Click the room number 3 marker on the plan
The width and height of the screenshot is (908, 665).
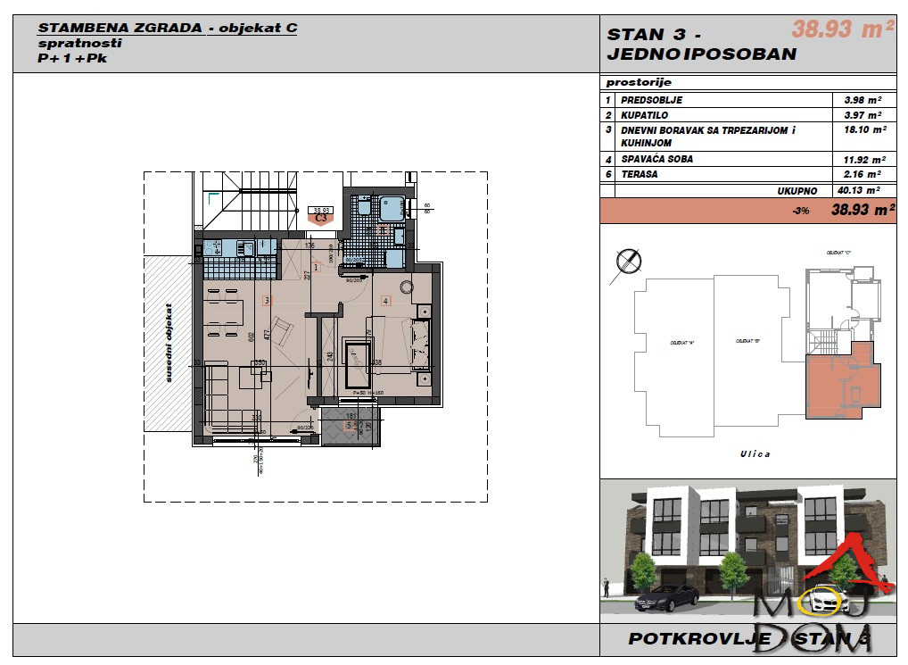coord(266,301)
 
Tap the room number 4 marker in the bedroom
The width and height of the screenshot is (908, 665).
coord(385,301)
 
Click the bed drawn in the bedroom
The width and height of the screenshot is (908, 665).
coord(359,366)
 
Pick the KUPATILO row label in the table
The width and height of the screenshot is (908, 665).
coord(645,115)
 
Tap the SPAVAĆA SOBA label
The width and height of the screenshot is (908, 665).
coord(656,159)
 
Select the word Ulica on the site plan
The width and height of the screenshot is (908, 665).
coord(755,453)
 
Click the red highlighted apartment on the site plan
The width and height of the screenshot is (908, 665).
coord(843,379)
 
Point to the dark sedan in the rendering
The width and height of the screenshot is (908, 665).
coord(668,597)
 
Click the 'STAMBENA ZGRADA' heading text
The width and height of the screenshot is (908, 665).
coord(120,28)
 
